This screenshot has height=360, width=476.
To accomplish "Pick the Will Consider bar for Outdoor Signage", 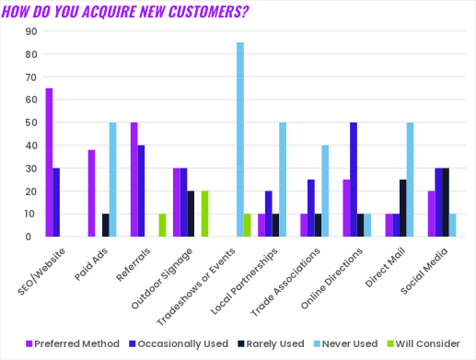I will [x=205, y=214].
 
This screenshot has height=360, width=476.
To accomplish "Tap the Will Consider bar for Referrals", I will [x=163, y=226].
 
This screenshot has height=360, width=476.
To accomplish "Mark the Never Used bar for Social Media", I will [x=452, y=226].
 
